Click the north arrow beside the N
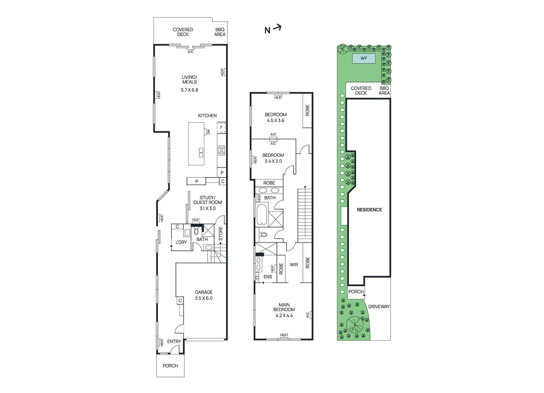point(277,28)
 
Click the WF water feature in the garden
point(363,58)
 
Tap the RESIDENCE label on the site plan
point(369,210)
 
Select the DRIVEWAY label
point(379,306)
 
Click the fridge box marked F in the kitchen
point(221,128)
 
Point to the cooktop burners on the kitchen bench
point(222,150)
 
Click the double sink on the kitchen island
point(201,153)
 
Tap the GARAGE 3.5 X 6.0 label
point(204,295)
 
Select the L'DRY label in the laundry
point(181,242)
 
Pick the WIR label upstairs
point(294,265)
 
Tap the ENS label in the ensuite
point(268,277)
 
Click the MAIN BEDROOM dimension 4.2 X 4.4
point(284,316)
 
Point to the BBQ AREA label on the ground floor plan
point(220,32)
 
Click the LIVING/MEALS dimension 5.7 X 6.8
point(189,90)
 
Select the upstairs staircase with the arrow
point(305,214)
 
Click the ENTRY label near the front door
point(174,341)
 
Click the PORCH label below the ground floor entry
point(170,366)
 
